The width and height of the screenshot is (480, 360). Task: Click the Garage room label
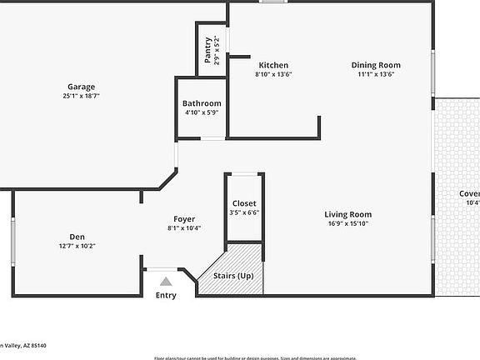(81, 87)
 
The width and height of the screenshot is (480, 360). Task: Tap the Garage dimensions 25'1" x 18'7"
(81, 96)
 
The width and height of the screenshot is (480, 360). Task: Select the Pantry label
(207, 50)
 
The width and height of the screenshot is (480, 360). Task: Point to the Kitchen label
(273, 65)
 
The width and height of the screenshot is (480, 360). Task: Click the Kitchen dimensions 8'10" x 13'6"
(273, 74)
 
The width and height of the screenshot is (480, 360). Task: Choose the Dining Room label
(376, 65)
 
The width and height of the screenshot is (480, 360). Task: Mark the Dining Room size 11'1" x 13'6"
(376, 74)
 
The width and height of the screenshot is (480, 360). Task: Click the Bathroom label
(202, 103)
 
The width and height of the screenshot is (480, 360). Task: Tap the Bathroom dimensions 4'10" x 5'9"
(202, 112)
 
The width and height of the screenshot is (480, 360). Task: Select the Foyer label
(184, 219)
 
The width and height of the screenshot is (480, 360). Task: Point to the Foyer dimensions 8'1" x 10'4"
(184, 228)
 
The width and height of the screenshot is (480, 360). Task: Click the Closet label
(244, 203)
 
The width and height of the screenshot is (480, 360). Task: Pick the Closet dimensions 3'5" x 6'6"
(244, 212)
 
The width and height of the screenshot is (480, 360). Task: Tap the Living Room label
(347, 214)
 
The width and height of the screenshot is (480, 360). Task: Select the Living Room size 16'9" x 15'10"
(347, 223)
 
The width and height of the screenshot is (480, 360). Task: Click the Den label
(77, 236)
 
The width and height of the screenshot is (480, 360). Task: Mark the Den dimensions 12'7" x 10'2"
(77, 246)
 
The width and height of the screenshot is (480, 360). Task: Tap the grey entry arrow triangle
(166, 282)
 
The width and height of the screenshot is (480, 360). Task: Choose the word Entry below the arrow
(166, 295)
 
